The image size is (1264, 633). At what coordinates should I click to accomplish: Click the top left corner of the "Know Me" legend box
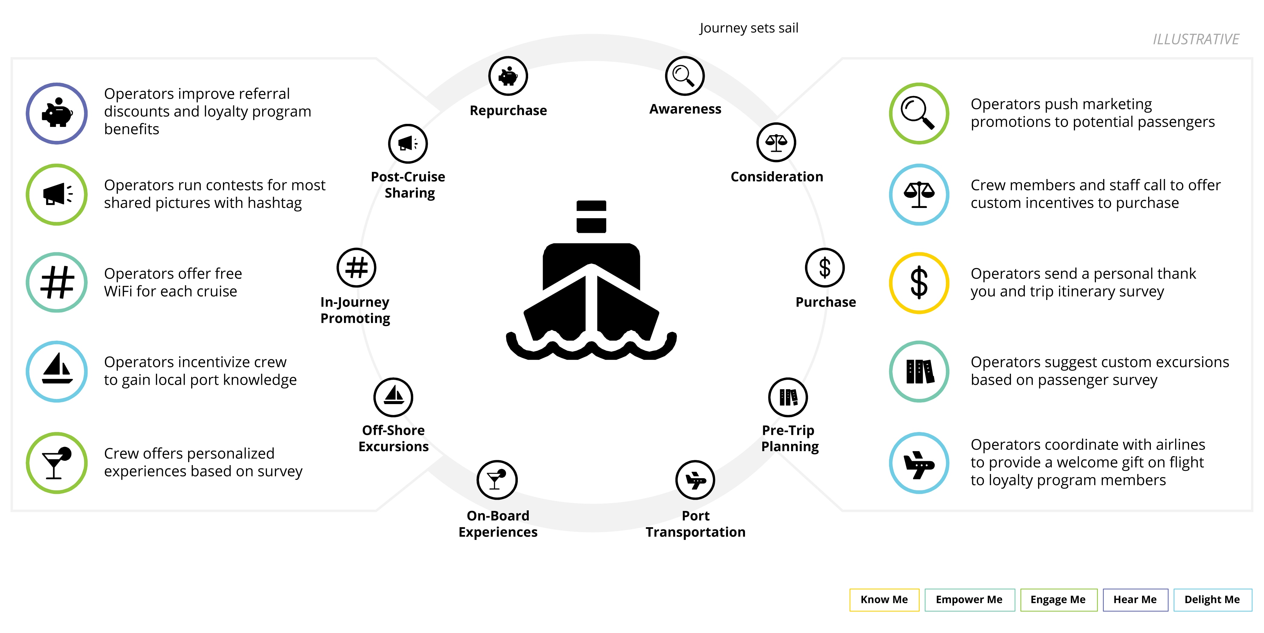coord(850,589)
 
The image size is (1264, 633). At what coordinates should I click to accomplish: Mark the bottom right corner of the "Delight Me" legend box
coord(1252,611)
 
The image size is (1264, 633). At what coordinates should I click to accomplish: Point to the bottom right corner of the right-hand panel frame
coord(1252,511)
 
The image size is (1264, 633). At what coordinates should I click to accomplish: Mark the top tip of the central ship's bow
coord(591,264)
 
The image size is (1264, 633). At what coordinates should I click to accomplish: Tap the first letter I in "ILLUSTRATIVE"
coord(1155,39)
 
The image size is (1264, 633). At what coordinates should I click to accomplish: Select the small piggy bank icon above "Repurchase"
coord(508,76)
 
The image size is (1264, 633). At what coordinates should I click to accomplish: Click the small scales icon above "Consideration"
coord(776,142)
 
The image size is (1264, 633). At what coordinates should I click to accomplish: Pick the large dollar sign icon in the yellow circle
coord(919,283)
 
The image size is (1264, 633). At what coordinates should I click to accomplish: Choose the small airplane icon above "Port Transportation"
coord(695,480)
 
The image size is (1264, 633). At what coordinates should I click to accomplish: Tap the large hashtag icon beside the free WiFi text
coord(57,283)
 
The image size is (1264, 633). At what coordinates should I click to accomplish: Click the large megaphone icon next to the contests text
coord(57,195)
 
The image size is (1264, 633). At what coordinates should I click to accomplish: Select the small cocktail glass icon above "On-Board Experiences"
coord(497,480)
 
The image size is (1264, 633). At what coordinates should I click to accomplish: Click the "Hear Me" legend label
coord(1135,600)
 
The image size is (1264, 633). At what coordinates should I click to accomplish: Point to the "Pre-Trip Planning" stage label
coord(790,438)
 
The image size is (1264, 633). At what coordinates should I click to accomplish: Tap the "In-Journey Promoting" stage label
coord(355,310)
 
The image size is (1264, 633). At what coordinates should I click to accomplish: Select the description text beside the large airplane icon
coord(1088,462)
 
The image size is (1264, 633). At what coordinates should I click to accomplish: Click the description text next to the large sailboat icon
coord(200,371)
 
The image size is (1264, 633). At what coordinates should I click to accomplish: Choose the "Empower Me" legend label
coord(969,600)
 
